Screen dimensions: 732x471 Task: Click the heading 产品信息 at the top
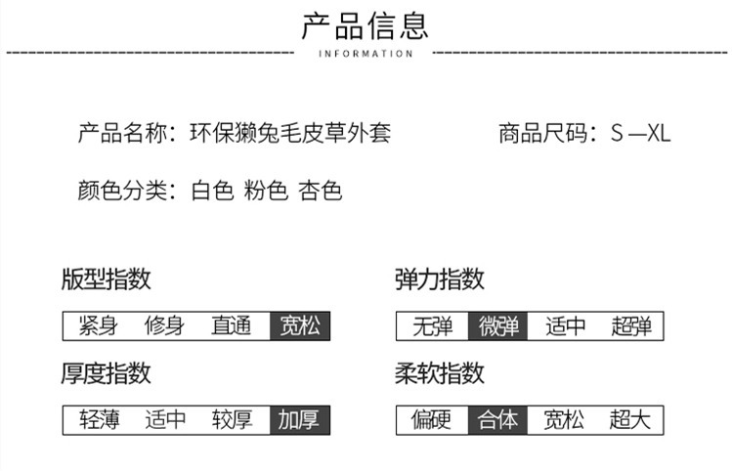[x=366, y=26]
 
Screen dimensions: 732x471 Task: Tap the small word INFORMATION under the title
[x=366, y=54]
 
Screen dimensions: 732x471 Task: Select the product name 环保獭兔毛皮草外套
[x=290, y=133]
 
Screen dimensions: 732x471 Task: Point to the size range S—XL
[x=640, y=134]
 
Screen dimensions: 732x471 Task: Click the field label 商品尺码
[x=543, y=133]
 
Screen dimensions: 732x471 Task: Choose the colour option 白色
[x=212, y=191]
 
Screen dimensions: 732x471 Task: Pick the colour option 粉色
[x=266, y=191]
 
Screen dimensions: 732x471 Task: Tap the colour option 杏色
[x=321, y=191]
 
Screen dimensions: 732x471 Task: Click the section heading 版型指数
[x=106, y=279]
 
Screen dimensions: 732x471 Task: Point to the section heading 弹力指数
[x=439, y=279]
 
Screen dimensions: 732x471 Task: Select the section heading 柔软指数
[x=439, y=373]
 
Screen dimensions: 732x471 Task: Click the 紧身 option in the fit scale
[x=98, y=325]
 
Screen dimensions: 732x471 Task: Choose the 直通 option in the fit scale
[x=231, y=325]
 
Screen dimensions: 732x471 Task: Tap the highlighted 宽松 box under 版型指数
[x=300, y=325]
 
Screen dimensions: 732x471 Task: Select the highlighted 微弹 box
[x=498, y=325]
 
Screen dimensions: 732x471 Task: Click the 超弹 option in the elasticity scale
[x=631, y=325]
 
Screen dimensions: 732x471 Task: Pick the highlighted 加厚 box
[x=300, y=420]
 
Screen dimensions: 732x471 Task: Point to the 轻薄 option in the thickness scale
[x=99, y=420]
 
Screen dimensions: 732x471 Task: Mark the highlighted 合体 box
[x=498, y=420]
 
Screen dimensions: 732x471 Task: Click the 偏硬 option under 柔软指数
[x=431, y=420]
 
